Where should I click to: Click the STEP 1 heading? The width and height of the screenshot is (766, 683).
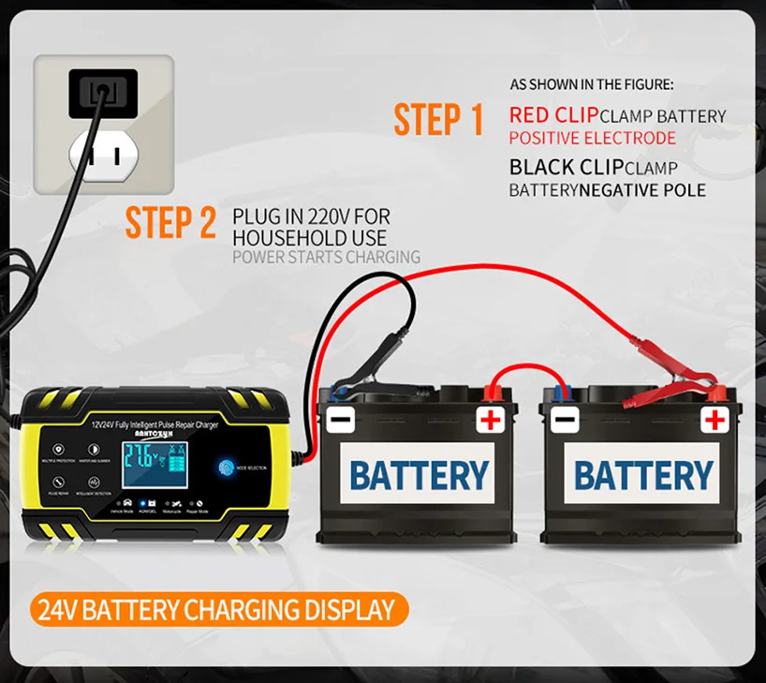pos(438,121)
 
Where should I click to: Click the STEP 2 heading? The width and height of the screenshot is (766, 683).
pos(171,222)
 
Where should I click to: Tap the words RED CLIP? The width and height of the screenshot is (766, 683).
pos(552,115)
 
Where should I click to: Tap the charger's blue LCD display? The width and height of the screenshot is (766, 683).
pos(149,461)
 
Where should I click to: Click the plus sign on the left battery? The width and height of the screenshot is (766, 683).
pos(490,419)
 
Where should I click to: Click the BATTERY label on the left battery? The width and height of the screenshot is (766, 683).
pos(419,476)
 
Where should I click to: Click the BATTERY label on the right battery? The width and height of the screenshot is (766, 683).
pos(643,476)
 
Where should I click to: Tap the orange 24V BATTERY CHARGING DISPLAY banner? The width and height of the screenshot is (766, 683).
pos(216,611)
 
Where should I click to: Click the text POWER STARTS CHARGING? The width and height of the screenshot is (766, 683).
pos(326,257)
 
